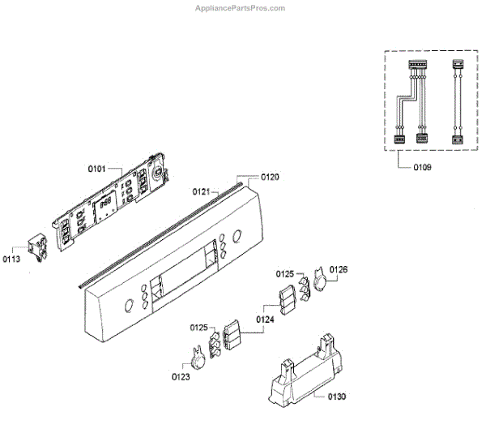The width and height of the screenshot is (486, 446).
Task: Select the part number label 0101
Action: pyautogui.click(x=97, y=169)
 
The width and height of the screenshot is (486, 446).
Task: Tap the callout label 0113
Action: pyautogui.click(x=11, y=259)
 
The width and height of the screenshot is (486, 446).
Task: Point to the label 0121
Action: pyautogui.click(x=202, y=191)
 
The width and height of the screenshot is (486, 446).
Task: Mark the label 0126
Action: pyautogui.click(x=339, y=269)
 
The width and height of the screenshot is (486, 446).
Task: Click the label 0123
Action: pyautogui.click(x=181, y=376)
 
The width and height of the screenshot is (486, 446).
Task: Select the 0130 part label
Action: pyautogui.click(x=336, y=397)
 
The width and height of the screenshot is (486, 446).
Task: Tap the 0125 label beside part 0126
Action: pyautogui.click(x=285, y=274)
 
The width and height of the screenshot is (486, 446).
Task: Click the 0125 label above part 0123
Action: pyautogui.click(x=200, y=327)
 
